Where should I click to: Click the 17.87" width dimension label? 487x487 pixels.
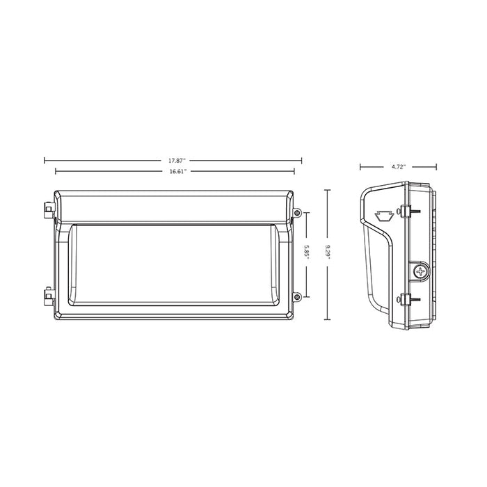point(173,160)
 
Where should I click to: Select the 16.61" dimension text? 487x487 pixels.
point(173,170)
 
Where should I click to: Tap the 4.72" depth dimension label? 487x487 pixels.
point(398,167)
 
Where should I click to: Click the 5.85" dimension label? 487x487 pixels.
point(307,253)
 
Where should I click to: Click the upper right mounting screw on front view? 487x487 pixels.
point(297,212)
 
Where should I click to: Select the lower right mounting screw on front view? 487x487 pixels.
point(297,297)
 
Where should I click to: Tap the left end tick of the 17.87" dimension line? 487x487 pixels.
point(45,160)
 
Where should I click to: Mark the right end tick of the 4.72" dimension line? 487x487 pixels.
point(436,167)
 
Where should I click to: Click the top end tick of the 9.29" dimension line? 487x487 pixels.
point(330,189)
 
